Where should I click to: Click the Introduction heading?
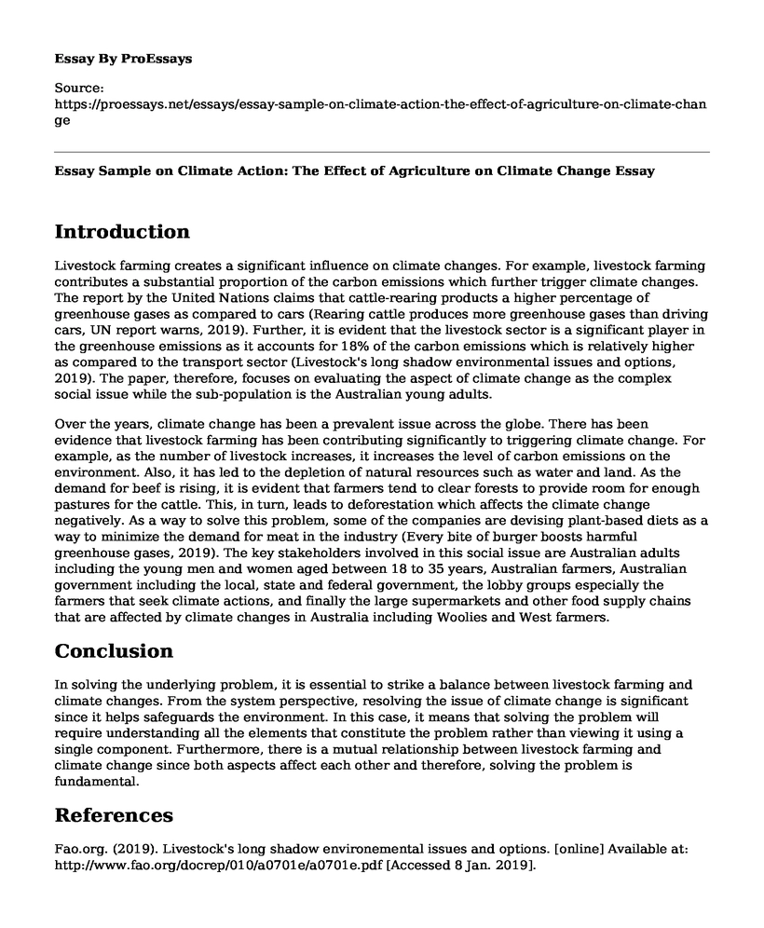point(122,232)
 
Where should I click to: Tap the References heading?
point(114,815)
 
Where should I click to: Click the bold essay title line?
point(355,171)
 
